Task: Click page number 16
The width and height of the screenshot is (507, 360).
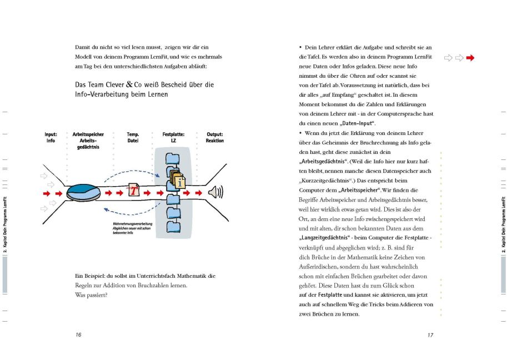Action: pyautogui.click(x=79, y=335)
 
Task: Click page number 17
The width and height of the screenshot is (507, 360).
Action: pyautogui.click(x=430, y=335)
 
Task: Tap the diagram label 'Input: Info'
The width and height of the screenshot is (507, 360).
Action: pyautogui.click(x=51, y=137)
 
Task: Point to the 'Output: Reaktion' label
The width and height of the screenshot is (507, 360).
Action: pyautogui.click(x=214, y=137)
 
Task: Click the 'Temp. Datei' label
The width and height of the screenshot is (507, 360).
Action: pyautogui.click(x=133, y=137)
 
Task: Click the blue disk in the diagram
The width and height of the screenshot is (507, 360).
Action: pyautogui.click(x=84, y=192)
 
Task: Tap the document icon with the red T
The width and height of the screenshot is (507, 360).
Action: pyautogui.click(x=133, y=190)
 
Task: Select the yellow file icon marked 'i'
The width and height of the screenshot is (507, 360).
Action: pyautogui.click(x=179, y=178)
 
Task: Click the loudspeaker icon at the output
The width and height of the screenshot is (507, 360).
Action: pyautogui.click(x=214, y=192)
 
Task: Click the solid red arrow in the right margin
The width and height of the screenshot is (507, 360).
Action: pyautogui.click(x=470, y=58)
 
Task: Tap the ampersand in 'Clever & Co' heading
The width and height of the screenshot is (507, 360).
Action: pyautogui.click(x=128, y=85)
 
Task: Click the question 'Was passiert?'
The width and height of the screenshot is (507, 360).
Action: pyautogui.click(x=91, y=294)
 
